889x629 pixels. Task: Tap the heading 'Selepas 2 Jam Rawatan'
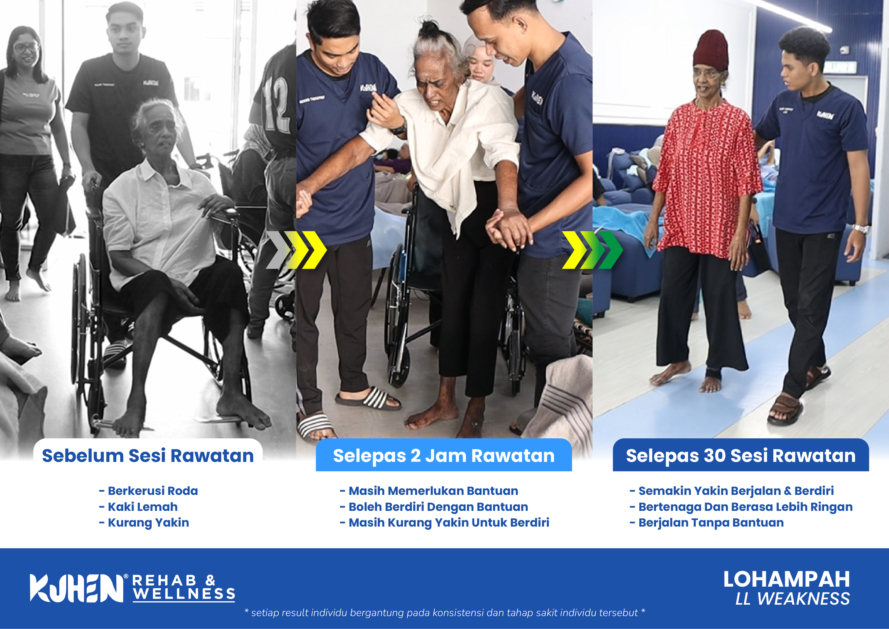point(444,456)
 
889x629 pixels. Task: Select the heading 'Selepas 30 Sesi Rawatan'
point(741,456)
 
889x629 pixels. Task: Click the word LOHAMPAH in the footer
point(787,579)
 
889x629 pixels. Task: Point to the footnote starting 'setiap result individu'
point(444,613)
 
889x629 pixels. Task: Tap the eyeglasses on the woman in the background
point(26,48)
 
